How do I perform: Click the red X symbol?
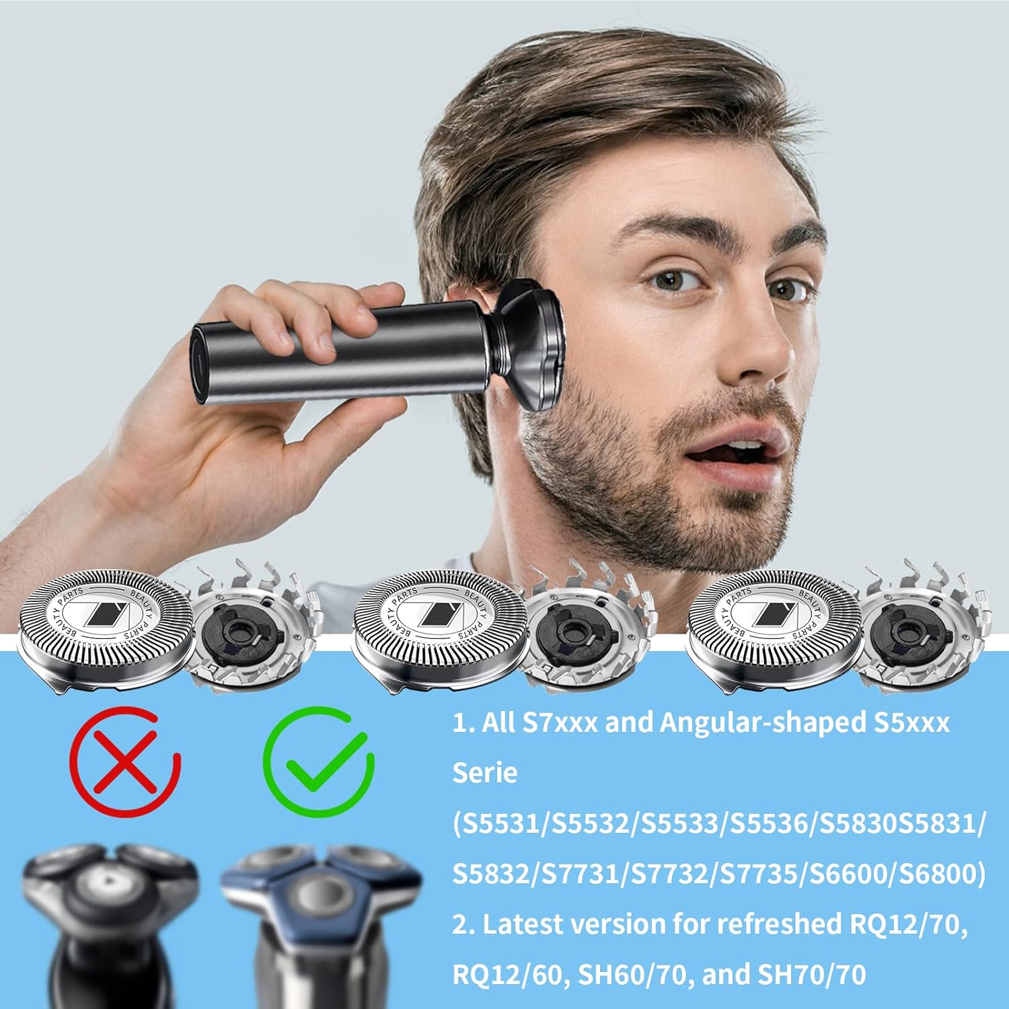coord(125,759)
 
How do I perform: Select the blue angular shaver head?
coord(320,891)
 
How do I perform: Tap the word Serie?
coord(485,773)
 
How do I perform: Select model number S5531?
coord(500,824)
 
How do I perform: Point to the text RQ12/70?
coord(904,925)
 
